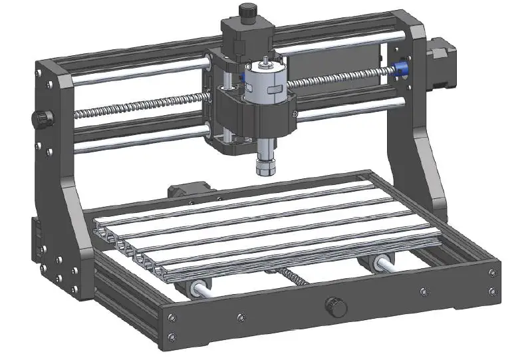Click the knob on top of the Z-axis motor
pyautogui.click(x=247, y=11)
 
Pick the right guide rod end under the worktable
pyautogui.click(x=384, y=261)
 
